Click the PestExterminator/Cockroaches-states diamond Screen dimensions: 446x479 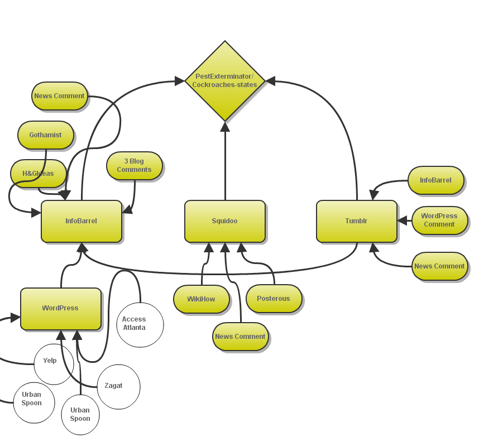(x=224, y=80)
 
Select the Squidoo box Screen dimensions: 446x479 (x=224, y=221)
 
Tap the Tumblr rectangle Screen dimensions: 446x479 (x=356, y=221)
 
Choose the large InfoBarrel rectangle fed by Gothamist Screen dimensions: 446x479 (x=81, y=221)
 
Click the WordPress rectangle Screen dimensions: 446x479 (x=60, y=308)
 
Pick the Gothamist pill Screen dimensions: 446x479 (x=45, y=135)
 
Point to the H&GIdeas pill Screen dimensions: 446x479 (x=38, y=174)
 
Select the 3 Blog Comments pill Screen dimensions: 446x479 (x=134, y=166)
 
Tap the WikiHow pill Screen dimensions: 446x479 (x=201, y=299)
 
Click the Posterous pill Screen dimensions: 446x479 (x=274, y=299)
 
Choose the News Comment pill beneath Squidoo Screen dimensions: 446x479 (x=240, y=337)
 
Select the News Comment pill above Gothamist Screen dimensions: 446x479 (x=59, y=96)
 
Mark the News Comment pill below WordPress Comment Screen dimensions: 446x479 (x=439, y=266)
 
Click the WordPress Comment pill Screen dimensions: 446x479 (x=439, y=220)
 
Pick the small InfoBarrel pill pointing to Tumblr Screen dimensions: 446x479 (x=435, y=180)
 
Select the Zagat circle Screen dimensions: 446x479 (x=118, y=386)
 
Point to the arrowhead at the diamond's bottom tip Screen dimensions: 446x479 (x=225, y=126)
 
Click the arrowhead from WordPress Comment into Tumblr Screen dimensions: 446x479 (x=402, y=221)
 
